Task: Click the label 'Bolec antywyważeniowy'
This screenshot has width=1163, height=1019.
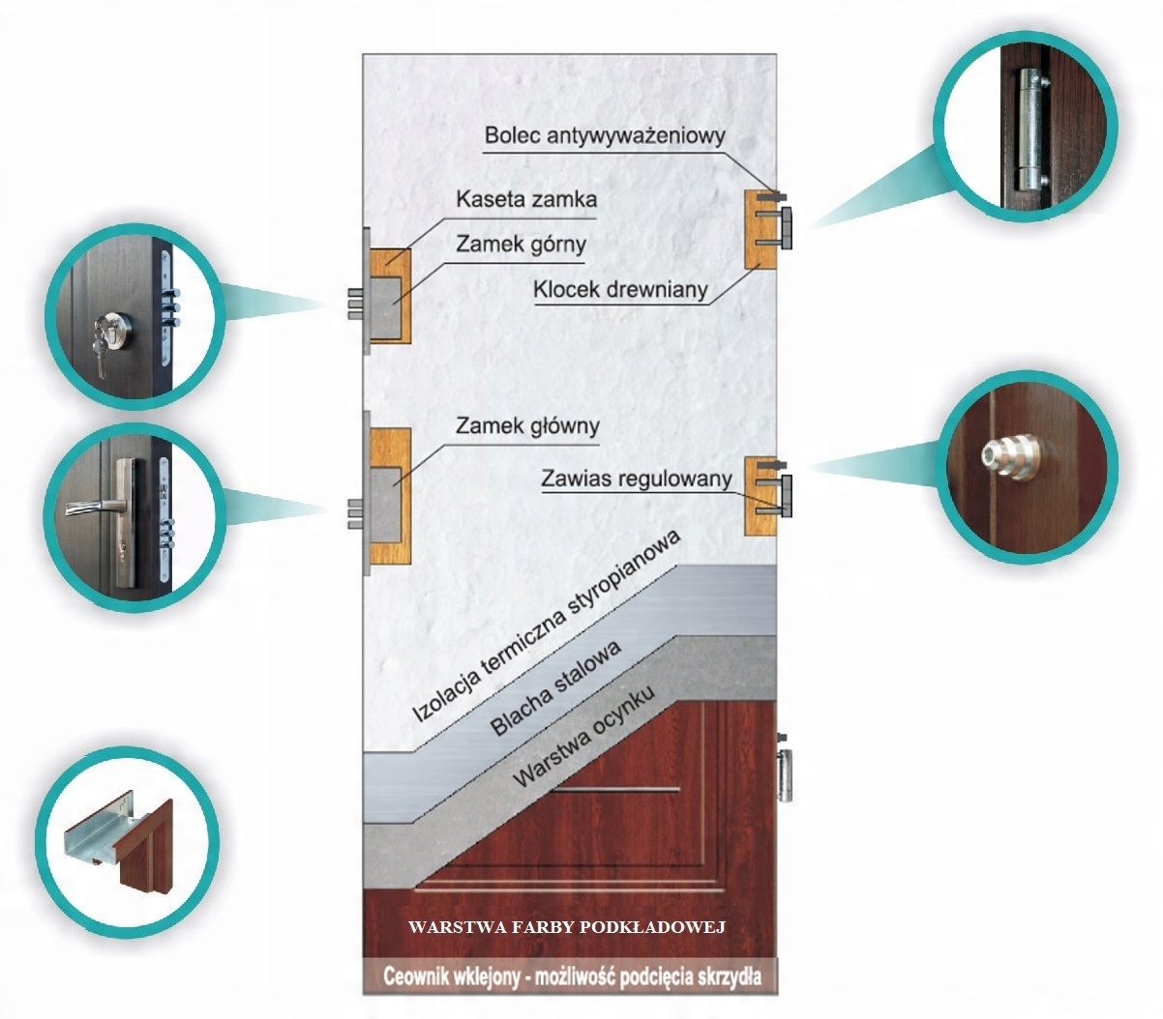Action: click(x=604, y=134)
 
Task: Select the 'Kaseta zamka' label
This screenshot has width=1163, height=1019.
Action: click(x=526, y=200)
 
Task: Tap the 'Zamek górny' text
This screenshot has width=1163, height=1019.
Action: click(x=521, y=245)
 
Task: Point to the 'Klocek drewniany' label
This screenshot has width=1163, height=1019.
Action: click(x=620, y=288)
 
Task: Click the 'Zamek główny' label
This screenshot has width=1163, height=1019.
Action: click(x=527, y=425)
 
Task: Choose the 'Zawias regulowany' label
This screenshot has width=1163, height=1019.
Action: click(x=637, y=477)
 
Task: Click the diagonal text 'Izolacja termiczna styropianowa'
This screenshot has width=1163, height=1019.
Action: click(x=547, y=627)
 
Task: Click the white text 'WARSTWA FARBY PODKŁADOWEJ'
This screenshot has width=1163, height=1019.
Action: click(x=567, y=927)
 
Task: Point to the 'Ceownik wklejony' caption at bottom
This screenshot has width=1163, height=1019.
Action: click(x=571, y=975)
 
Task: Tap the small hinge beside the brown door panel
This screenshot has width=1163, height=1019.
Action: click(x=787, y=769)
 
